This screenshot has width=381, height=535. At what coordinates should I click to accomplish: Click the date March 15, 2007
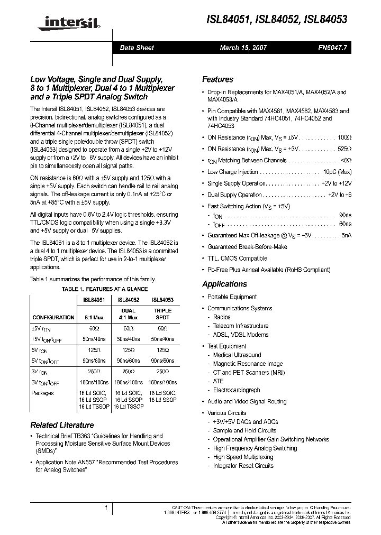point(243,48)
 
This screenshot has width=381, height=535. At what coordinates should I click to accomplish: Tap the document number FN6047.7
point(332,48)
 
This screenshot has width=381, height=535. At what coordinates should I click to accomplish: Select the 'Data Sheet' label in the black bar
point(137,48)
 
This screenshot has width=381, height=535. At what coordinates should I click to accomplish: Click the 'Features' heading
point(217,79)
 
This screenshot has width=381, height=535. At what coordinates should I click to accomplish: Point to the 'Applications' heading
point(224,284)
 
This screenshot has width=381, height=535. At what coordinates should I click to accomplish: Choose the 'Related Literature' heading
point(62,425)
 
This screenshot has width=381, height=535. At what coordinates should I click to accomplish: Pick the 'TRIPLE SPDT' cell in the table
point(162,314)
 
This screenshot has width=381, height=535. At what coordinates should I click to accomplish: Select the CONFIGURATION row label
point(53,318)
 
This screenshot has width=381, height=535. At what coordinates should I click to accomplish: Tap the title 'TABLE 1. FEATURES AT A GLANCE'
point(105,289)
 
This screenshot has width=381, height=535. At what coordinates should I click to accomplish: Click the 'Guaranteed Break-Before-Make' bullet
point(247,247)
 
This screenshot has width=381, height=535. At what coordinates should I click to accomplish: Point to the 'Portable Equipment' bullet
point(232,297)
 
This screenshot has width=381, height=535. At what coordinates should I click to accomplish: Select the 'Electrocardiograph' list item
point(237,390)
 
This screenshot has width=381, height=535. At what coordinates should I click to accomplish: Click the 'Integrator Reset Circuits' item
point(243,466)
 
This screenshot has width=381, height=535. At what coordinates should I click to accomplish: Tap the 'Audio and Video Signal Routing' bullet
point(247,401)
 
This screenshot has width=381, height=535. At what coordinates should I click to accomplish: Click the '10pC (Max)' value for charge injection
point(337,172)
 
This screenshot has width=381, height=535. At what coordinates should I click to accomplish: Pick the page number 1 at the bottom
point(106,509)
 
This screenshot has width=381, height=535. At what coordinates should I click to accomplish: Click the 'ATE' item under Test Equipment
point(219,381)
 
